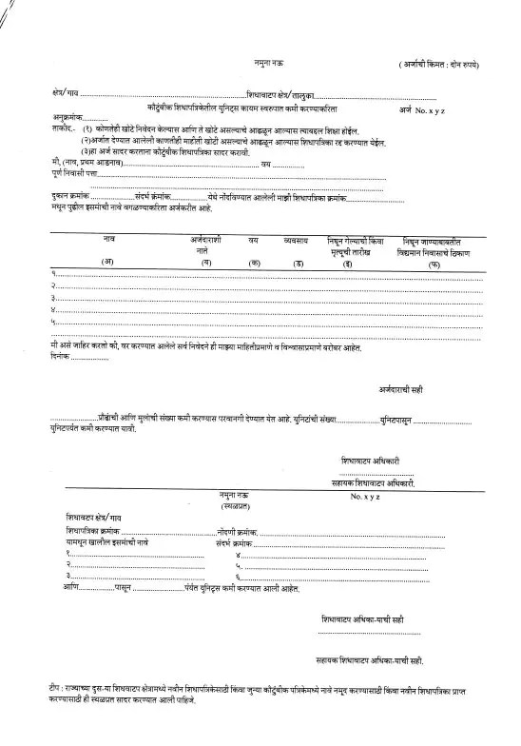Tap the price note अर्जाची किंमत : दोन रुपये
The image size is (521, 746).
click(437, 64)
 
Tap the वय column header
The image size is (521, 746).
click(254, 241)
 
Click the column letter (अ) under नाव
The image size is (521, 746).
click(107, 263)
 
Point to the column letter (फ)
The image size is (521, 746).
click(434, 263)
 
